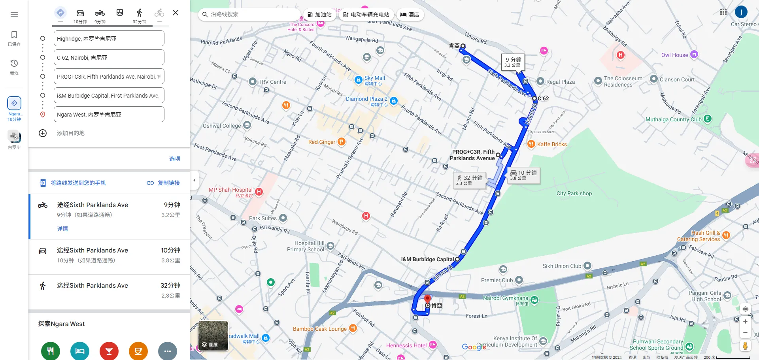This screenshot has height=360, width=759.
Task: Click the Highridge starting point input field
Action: (x=109, y=39)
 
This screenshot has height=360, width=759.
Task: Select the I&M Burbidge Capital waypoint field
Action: (x=109, y=96)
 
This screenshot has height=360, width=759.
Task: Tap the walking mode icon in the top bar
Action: (x=139, y=13)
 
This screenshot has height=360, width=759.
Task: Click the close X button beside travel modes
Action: (x=176, y=13)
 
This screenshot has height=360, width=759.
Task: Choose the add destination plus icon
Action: (x=43, y=133)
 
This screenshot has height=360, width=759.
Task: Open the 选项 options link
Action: (x=175, y=159)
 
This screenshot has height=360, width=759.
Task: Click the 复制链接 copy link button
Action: (x=164, y=183)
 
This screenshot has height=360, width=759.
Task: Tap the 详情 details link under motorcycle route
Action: (x=62, y=229)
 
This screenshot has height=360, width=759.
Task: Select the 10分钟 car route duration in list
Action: (x=170, y=251)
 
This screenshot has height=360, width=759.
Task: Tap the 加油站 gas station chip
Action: (x=319, y=15)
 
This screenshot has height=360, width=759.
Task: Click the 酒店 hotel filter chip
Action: (x=410, y=15)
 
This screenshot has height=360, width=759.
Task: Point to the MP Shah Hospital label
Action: (x=230, y=190)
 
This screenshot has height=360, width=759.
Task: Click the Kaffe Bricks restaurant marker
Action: (x=531, y=144)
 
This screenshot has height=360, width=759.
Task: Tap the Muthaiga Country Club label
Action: (x=673, y=119)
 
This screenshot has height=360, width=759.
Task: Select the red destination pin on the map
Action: (x=427, y=299)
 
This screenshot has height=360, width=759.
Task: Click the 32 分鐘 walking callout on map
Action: (x=469, y=180)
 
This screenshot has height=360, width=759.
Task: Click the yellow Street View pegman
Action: (x=745, y=346)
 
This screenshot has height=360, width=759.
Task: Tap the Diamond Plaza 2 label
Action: (x=366, y=99)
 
